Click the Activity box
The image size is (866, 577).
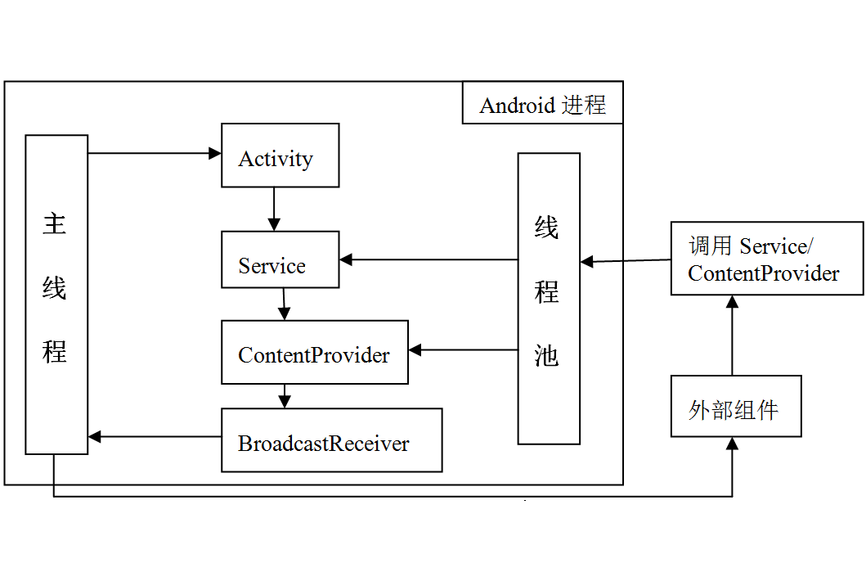pyautogui.click(x=280, y=156)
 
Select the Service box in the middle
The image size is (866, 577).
pyautogui.click(x=280, y=259)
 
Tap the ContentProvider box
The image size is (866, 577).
pyautogui.click(x=314, y=352)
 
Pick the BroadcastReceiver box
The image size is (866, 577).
pyautogui.click(x=331, y=440)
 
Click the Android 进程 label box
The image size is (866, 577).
pyautogui.click(x=542, y=103)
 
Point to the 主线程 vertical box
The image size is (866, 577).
pyautogui.click(x=56, y=295)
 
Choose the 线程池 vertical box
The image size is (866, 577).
pyautogui.click(x=548, y=299)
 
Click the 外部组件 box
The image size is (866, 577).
pyautogui.click(x=735, y=407)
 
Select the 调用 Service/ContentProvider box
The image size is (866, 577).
pyautogui.click(x=766, y=258)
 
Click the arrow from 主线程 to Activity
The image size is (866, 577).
pyautogui.click(x=154, y=153)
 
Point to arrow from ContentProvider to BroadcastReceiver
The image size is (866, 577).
pyautogui.click(x=284, y=396)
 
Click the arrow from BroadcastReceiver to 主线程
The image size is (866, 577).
pyautogui.click(x=155, y=437)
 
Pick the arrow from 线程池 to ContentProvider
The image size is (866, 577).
pyautogui.click(x=463, y=350)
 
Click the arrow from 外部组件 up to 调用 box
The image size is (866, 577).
pyautogui.click(x=732, y=336)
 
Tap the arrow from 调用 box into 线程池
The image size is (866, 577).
pyautogui.click(x=626, y=261)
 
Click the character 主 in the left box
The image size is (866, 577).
pyautogui.click(x=55, y=223)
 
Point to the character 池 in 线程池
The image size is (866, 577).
pyautogui.click(x=546, y=354)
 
